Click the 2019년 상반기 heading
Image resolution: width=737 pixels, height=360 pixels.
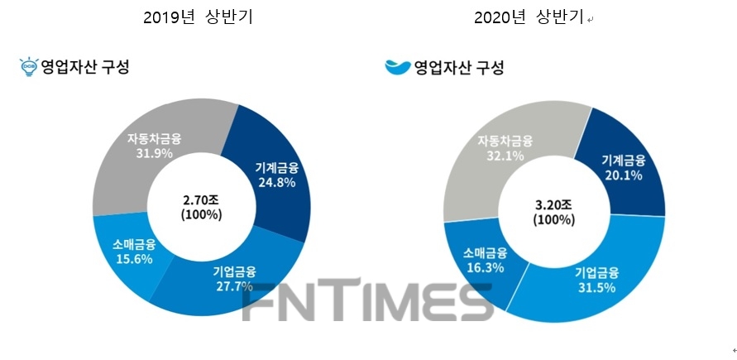tap(198, 17)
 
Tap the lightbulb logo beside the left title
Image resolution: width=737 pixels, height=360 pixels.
tap(30, 67)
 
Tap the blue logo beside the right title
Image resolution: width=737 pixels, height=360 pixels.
tap(397, 67)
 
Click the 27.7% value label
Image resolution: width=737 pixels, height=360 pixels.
tap(234, 286)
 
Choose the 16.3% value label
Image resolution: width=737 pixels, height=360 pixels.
tap(481, 268)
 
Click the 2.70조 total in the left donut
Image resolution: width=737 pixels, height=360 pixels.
tap(201, 199)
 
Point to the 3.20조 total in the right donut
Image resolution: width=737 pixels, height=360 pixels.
tap(552, 204)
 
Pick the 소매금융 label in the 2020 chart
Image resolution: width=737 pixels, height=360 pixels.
tap(481, 253)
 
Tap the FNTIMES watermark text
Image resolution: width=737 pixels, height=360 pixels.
tap(368, 305)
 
